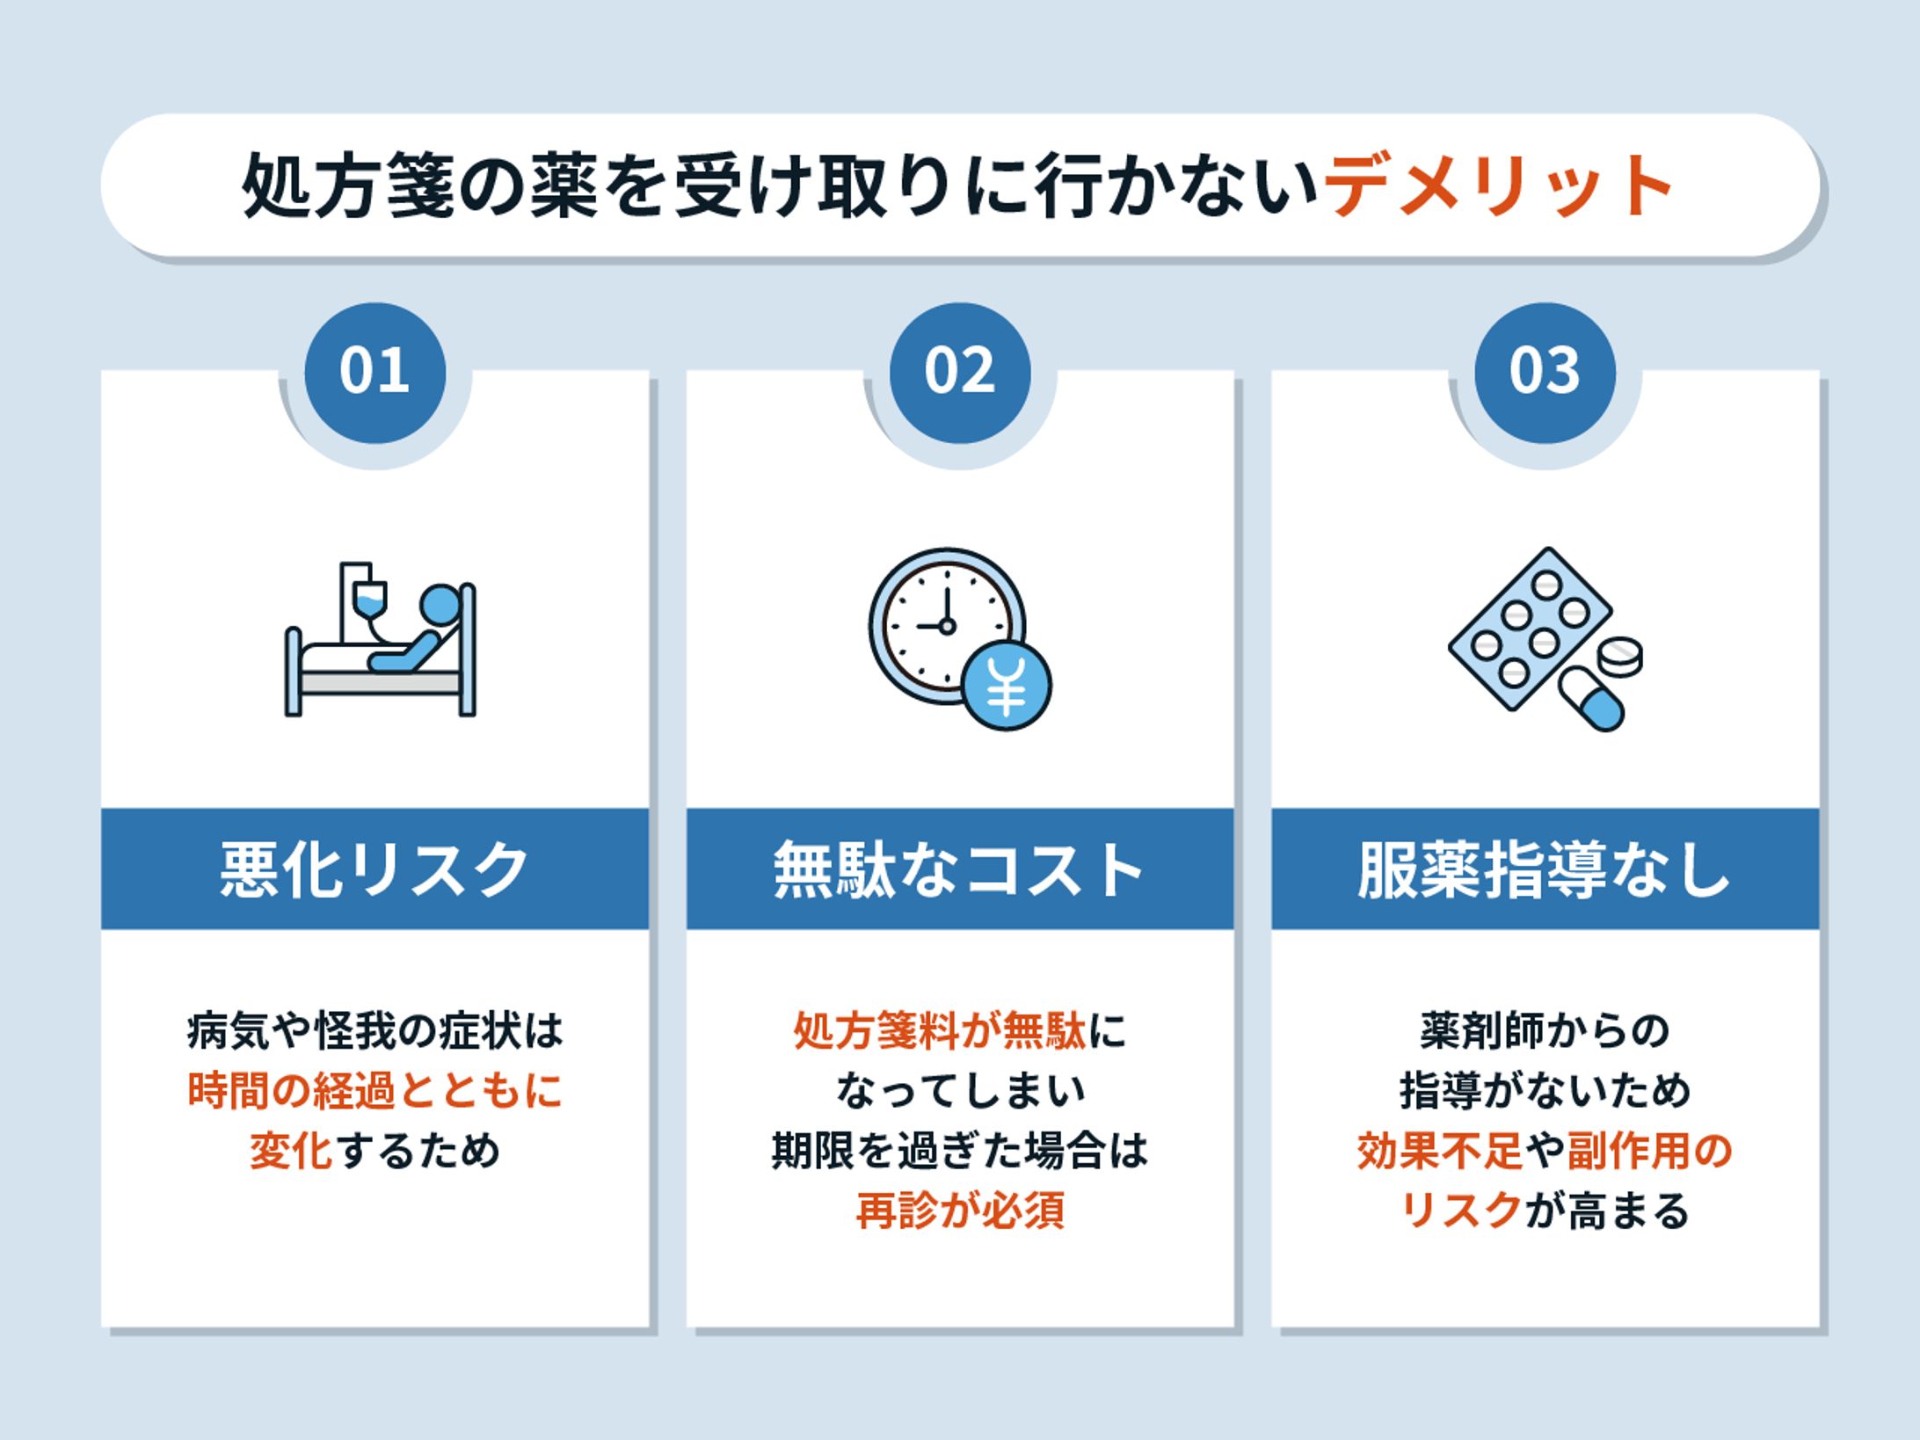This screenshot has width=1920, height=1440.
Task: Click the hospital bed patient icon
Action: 381,651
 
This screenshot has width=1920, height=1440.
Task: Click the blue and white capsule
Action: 1591,699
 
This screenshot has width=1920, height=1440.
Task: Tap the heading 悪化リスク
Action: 375,869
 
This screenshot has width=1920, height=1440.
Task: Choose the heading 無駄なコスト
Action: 960,869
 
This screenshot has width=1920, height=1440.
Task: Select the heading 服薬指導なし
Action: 1545,869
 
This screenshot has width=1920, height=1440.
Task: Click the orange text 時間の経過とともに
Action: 375,1091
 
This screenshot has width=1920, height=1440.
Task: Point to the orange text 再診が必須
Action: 960,1211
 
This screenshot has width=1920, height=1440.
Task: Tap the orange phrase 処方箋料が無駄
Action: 940,1031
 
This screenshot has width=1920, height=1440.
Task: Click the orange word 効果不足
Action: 1439,1151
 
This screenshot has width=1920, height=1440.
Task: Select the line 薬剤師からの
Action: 1545,1031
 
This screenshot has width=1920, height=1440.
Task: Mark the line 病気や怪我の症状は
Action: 375,1031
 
